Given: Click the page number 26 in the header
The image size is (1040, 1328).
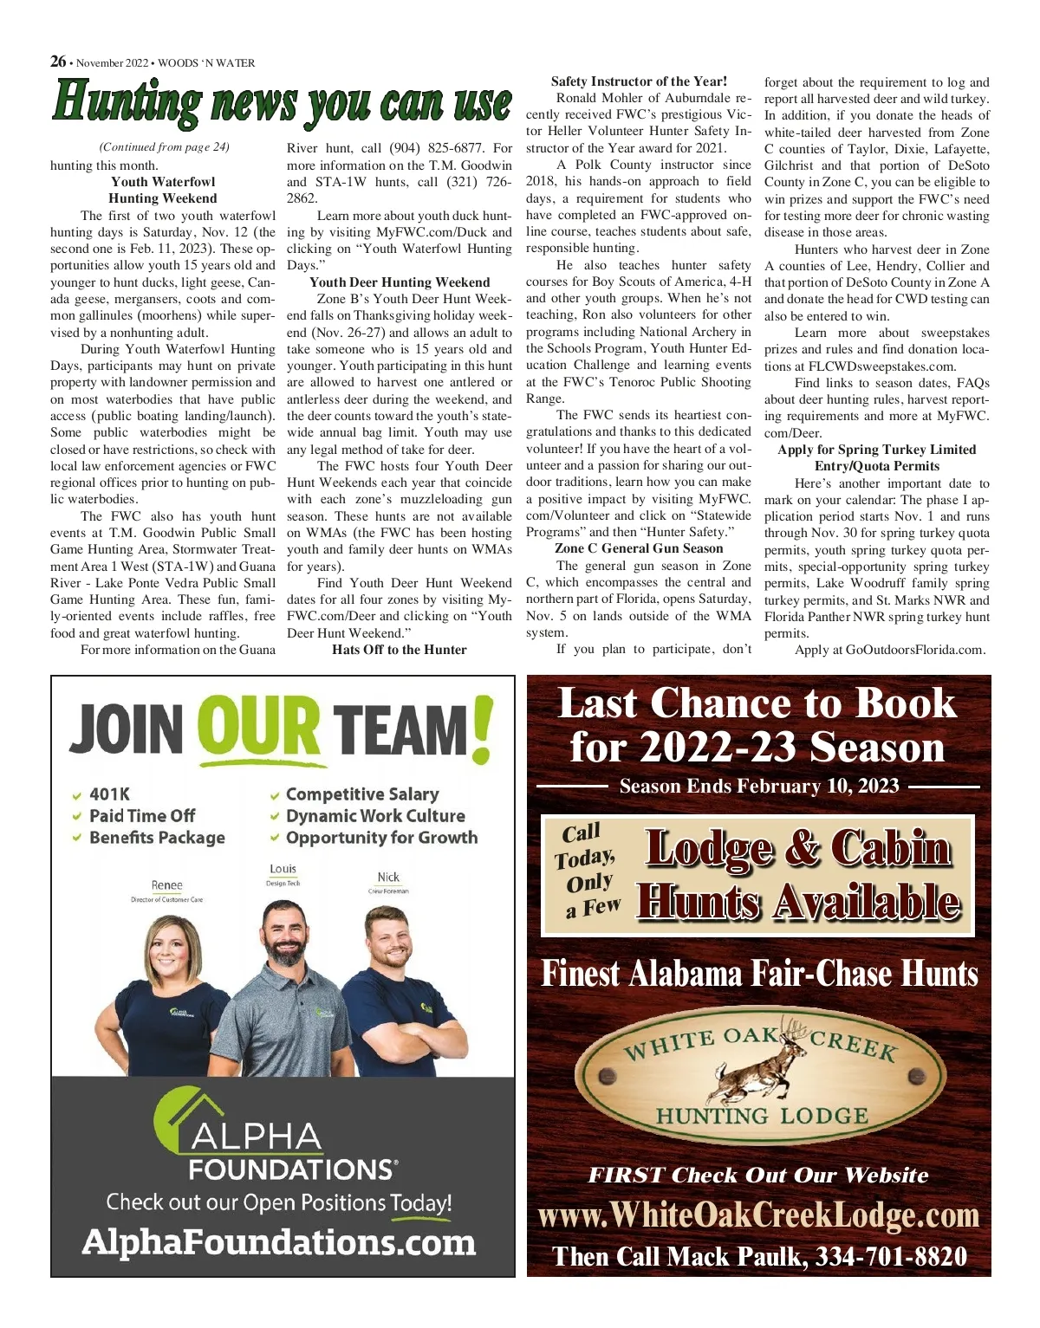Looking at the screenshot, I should [x=58, y=62].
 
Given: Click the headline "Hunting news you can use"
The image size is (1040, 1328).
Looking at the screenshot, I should [x=282, y=102].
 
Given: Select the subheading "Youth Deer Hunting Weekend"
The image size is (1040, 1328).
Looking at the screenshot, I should [x=400, y=282].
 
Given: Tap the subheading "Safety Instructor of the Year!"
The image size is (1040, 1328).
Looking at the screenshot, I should [x=639, y=81].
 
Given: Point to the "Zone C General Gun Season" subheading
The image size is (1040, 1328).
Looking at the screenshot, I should [x=639, y=548].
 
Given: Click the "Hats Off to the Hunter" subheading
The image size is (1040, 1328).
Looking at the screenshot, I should [x=400, y=650].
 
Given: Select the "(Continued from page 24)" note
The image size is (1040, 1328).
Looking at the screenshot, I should [x=165, y=147].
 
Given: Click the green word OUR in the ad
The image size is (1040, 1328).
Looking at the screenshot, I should [x=259, y=728].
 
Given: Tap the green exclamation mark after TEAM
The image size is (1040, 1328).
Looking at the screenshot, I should [x=482, y=729].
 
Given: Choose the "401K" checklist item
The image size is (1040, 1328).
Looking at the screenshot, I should [x=110, y=794].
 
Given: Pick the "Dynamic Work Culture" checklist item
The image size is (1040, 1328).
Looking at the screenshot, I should [x=375, y=816].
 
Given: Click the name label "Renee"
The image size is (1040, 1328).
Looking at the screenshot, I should [x=166, y=885].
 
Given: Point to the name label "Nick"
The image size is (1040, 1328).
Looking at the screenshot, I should [x=388, y=878].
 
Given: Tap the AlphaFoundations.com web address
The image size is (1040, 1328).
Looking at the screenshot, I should [x=279, y=1242].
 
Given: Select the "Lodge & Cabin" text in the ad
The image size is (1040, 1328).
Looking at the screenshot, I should [x=798, y=848].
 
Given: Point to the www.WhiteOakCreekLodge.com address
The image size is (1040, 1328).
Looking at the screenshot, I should [x=758, y=1215].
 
